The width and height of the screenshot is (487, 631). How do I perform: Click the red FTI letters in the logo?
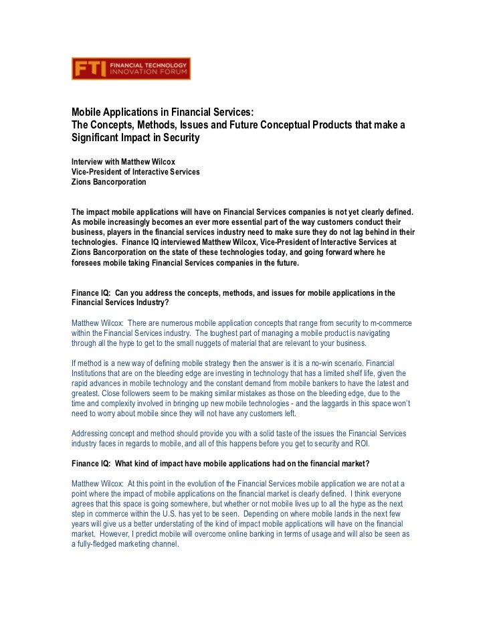[88, 69]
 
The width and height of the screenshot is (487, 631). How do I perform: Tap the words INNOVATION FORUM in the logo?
[147, 73]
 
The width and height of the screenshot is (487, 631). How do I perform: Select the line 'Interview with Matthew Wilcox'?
[123, 162]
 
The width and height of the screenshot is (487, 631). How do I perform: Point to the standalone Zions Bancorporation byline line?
[108, 182]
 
